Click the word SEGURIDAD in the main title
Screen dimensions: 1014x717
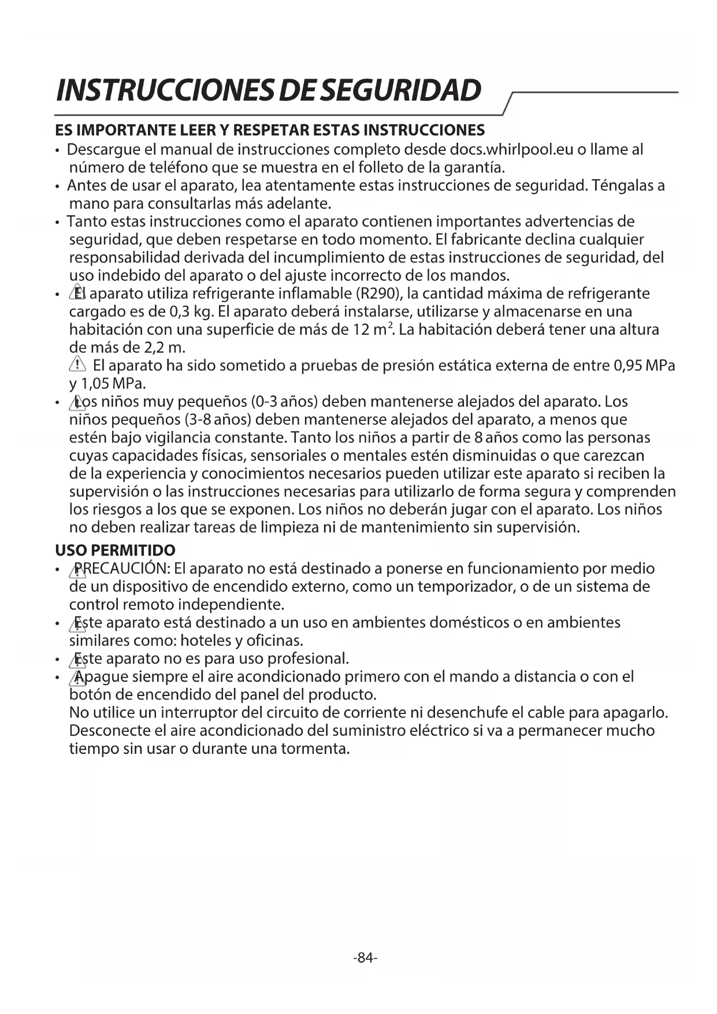coord(400,90)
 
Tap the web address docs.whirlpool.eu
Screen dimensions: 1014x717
coord(511,150)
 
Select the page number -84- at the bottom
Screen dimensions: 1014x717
coord(365,958)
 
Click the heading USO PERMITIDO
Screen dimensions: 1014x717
coord(115,550)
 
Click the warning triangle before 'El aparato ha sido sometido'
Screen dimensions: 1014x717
coord(77,365)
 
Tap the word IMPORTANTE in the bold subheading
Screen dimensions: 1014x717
coord(136,129)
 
